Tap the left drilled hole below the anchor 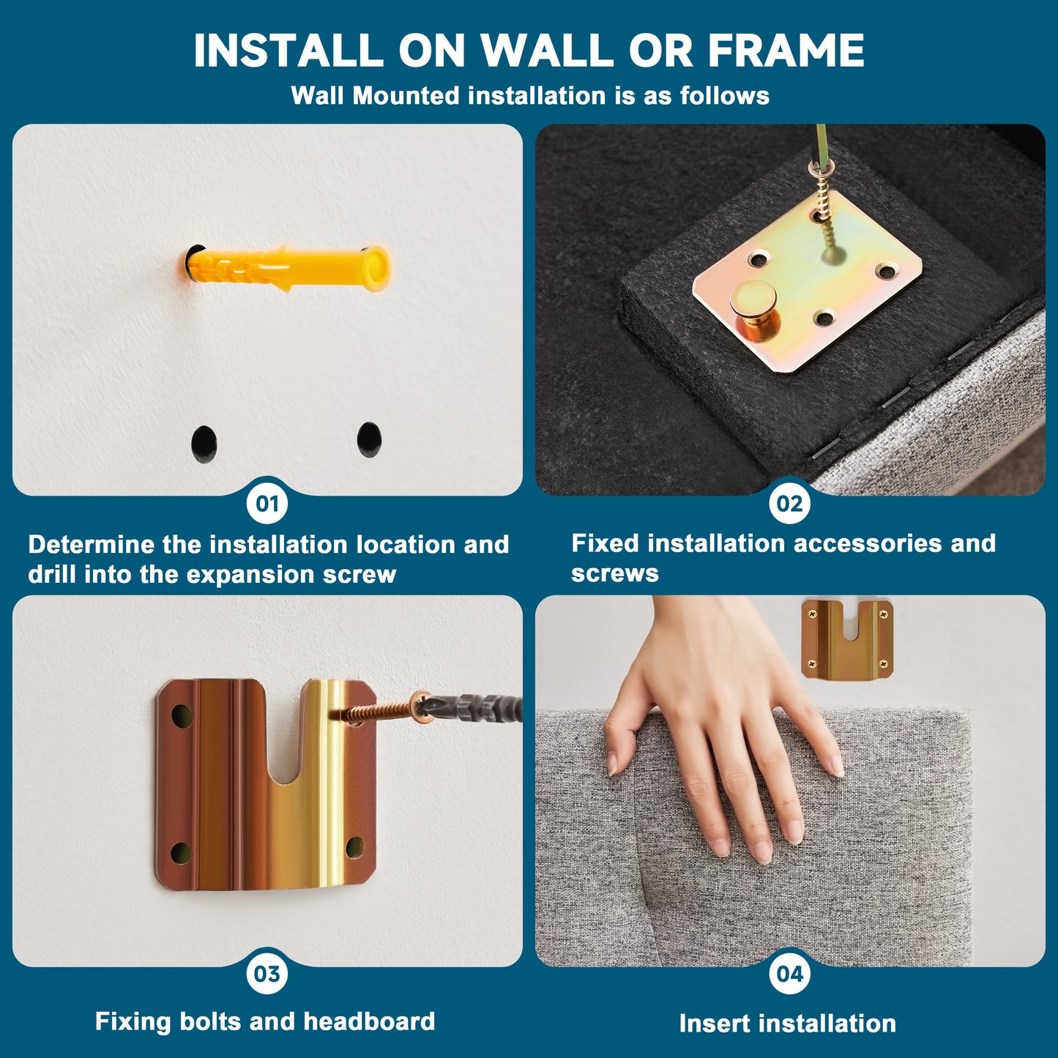point(204,444)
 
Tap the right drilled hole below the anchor point(369,439)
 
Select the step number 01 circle point(267,504)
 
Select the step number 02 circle point(789,504)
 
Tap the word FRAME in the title point(786,50)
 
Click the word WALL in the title point(547,50)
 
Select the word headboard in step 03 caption point(369,1021)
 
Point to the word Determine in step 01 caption point(91,545)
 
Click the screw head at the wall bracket point(420,704)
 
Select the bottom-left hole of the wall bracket point(181,853)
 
